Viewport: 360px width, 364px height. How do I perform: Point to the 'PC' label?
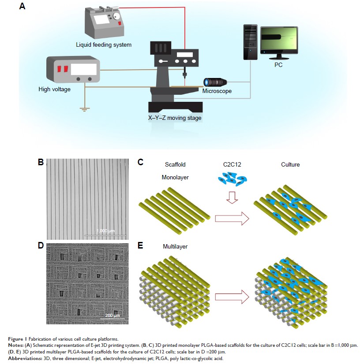pos(278,65)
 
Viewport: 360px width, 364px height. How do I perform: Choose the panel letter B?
pos(41,162)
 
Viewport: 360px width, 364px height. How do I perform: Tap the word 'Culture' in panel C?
pos(291,164)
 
